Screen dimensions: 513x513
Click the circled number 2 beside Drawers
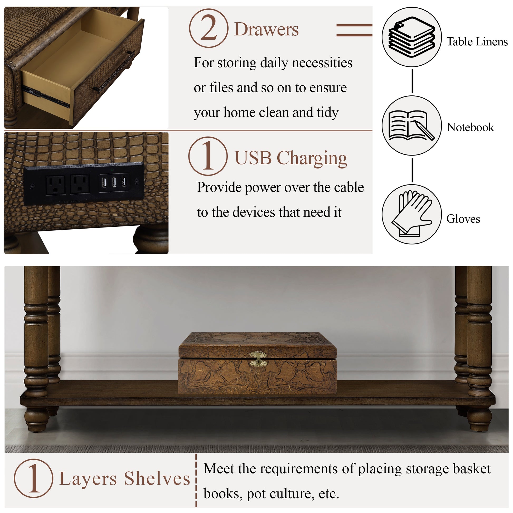click(209, 28)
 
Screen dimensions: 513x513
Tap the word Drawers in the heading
click(266, 29)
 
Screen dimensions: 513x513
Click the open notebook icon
click(412, 125)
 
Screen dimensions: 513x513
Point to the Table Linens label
click(477, 42)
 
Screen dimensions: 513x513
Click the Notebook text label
click(470, 127)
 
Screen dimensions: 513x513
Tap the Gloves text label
click(463, 219)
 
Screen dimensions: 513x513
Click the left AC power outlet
click(56, 185)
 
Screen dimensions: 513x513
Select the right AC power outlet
click(80, 184)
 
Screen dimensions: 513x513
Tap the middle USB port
click(114, 182)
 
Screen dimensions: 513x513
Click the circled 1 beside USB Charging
click(208, 156)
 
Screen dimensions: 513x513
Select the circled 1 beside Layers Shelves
click(33, 478)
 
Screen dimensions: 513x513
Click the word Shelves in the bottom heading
click(157, 478)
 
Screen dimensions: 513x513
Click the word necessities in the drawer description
click(322, 63)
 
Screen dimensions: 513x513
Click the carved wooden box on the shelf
click(258, 363)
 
